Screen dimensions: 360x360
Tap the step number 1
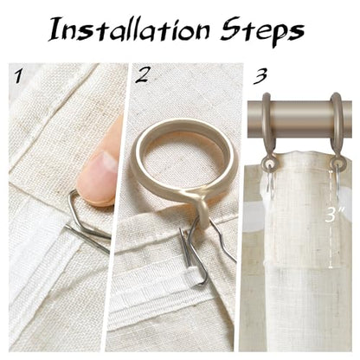[x=18, y=76]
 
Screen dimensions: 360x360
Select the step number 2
[x=142, y=74]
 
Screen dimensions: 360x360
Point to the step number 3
[x=260, y=76]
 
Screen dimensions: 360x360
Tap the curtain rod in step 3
[x=299, y=112]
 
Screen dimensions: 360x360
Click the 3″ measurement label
[x=335, y=214]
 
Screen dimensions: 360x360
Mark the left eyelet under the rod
[x=269, y=165]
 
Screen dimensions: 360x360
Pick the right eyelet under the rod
[x=338, y=165]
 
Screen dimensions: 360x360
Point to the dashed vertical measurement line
[x=331, y=219]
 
